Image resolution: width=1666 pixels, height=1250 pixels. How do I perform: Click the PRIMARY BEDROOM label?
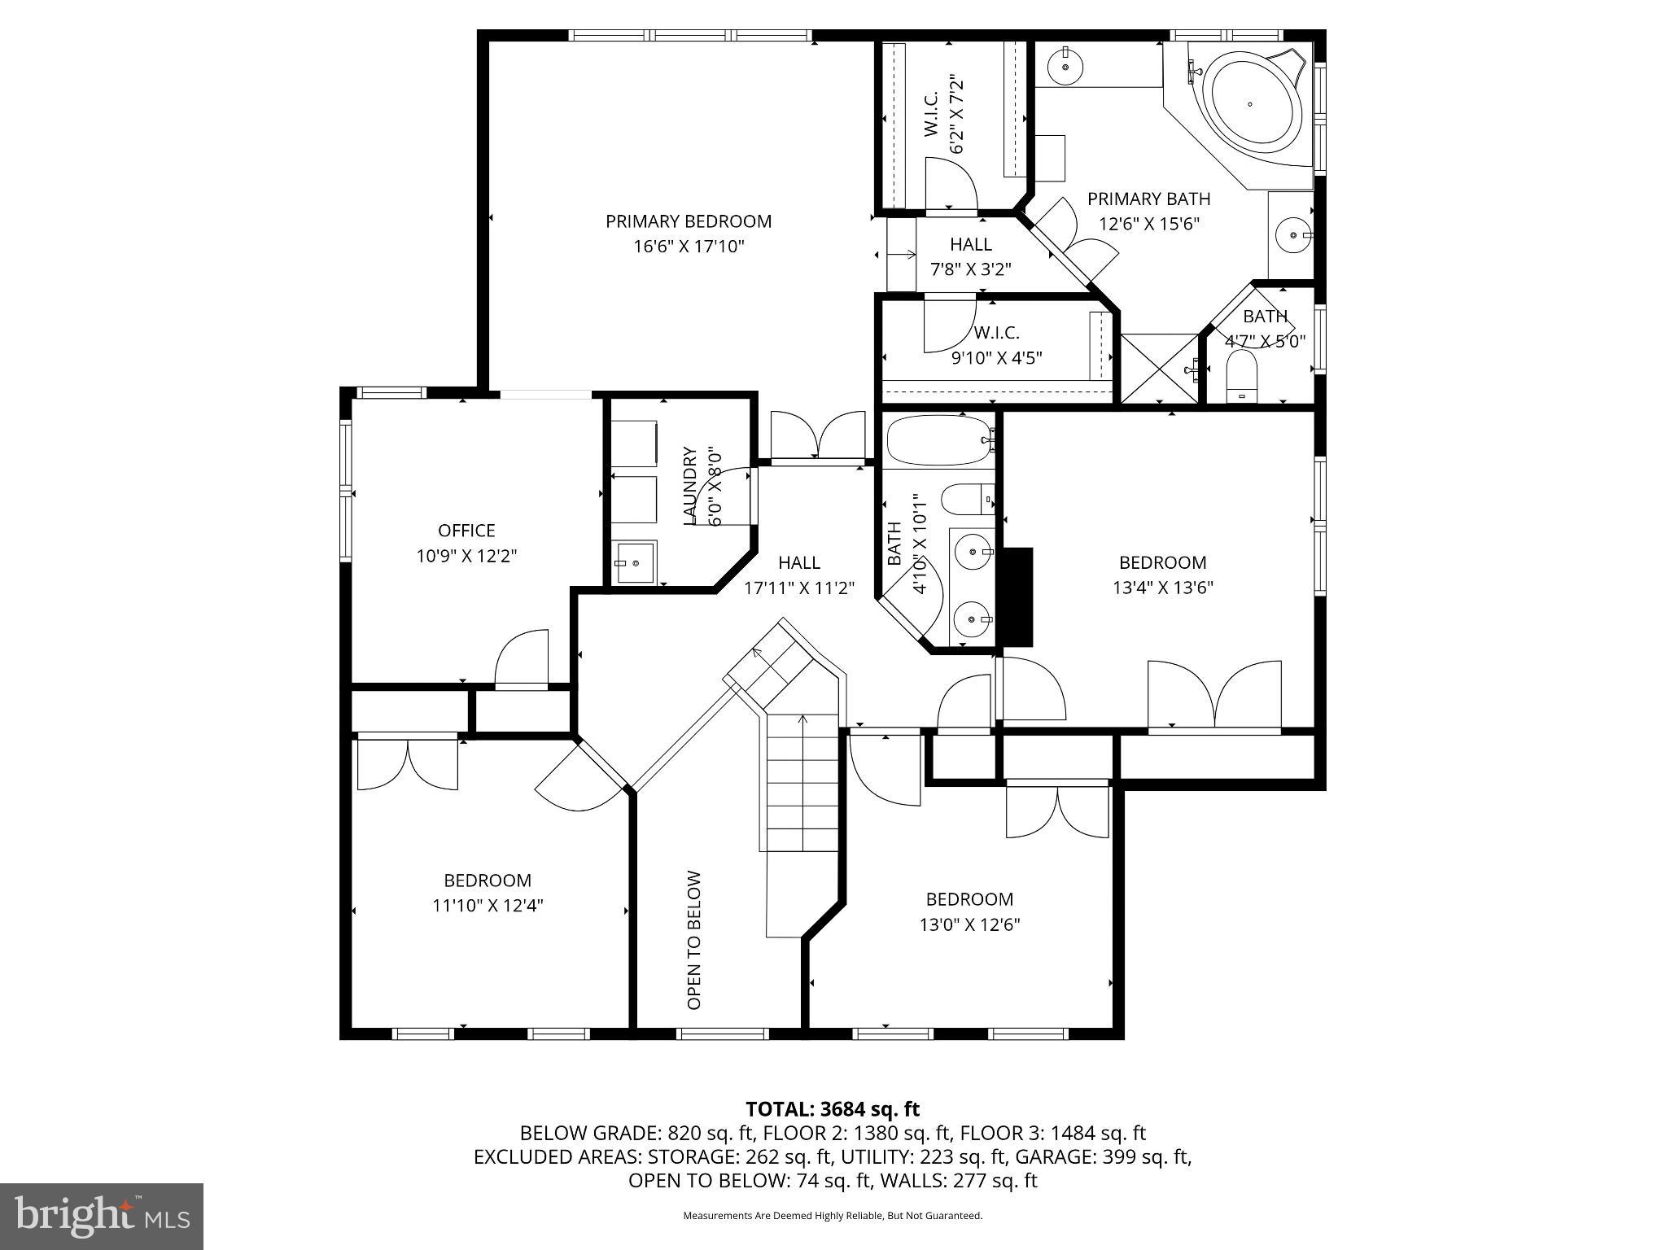pos(688,221)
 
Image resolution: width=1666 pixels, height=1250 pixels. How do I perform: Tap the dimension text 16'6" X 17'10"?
pos(689,247)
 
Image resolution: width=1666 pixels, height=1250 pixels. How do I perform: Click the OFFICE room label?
pos(466,531)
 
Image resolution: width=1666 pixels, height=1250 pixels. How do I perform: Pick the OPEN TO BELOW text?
pos(694,940)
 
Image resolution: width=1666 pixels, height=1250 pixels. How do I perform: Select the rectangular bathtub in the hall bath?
pos(938,440)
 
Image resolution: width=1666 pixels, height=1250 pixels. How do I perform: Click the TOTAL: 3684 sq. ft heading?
pos(832,1108)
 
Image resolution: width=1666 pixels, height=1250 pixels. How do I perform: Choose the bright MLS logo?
pos(101,1215)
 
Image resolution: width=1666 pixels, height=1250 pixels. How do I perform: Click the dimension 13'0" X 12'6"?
pos(969,924)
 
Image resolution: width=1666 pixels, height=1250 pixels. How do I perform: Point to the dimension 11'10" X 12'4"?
pos(488,905)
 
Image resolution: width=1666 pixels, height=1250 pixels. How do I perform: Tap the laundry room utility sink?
pos(636,562)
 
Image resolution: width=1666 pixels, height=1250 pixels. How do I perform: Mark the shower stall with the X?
pos(1161,368)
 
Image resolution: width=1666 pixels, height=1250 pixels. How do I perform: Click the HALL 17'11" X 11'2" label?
pos(798,575)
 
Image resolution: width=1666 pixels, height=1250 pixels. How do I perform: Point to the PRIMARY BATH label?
pos(1148,199)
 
